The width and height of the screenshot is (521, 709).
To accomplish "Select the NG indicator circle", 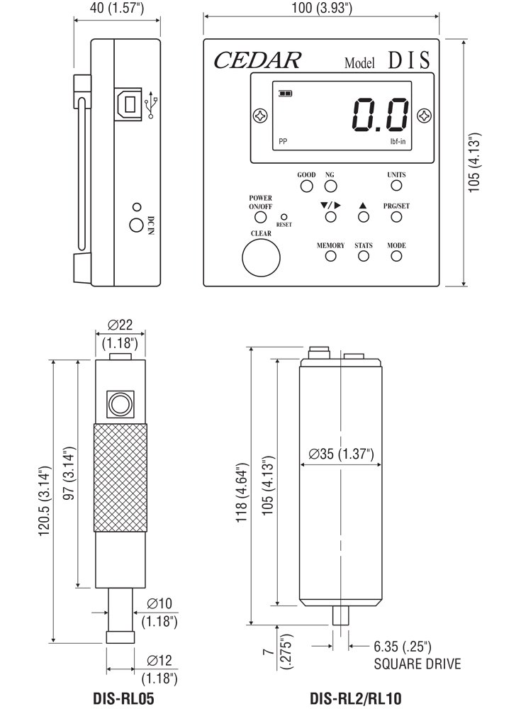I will pos(330,186).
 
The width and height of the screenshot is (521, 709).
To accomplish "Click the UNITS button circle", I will pos(396,186).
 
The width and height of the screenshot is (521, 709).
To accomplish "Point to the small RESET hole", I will pos(284,216).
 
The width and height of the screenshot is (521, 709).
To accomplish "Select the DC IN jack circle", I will pos(135,225).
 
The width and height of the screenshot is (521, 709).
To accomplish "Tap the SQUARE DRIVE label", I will pos(417,664).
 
